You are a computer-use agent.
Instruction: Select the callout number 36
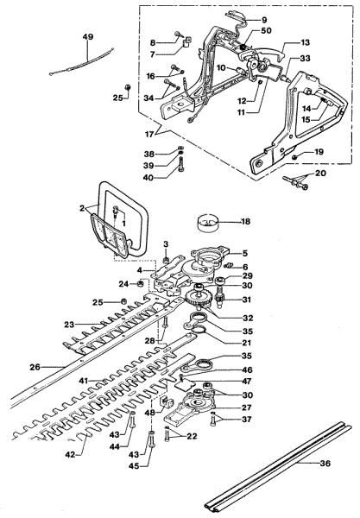pyautogui.click(x=301, y=464)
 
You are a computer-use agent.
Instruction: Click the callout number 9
pyautogui.click(x=264, y=18)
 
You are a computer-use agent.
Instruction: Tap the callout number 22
pyautogui.click(x=192, y=437)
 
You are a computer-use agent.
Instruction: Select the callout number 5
pyautogui.click(x=244, y=252)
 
